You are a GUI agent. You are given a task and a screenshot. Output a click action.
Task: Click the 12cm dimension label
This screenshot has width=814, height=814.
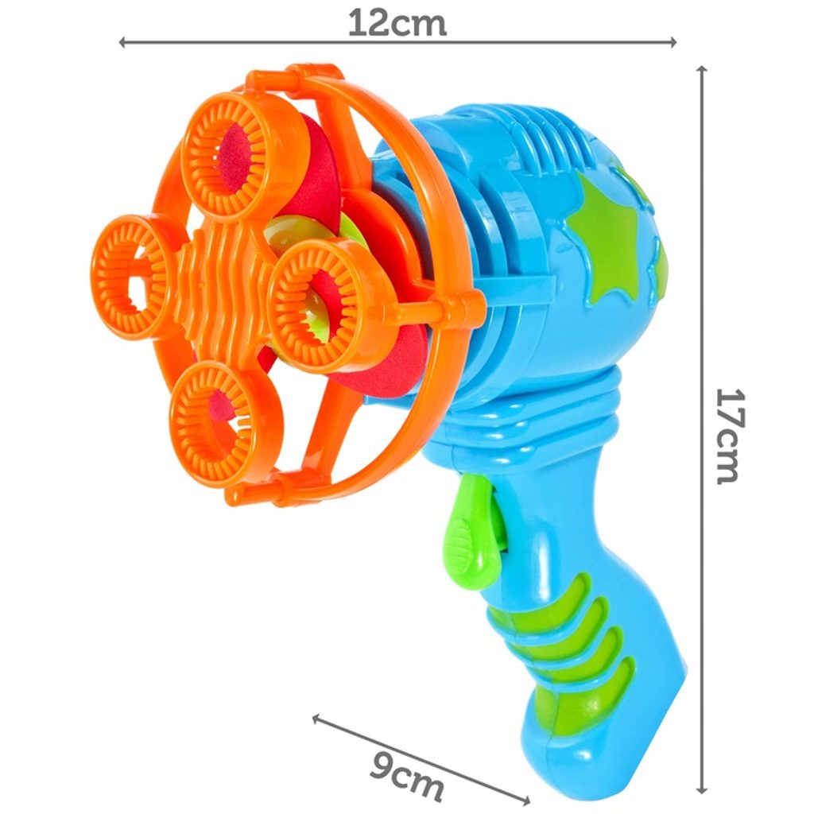click(397, 24)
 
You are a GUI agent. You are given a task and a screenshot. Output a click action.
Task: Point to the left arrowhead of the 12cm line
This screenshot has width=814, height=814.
click(123, 43)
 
